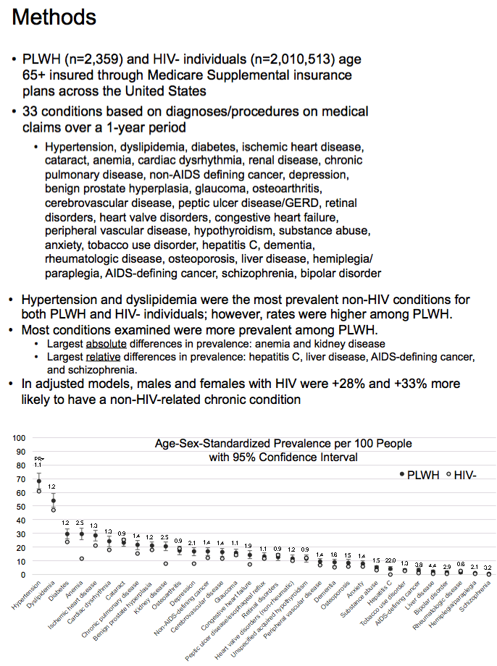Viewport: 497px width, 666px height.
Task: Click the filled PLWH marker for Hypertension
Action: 39,481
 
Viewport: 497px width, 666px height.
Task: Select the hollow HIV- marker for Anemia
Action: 81,558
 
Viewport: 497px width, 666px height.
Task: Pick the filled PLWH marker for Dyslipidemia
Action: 53,500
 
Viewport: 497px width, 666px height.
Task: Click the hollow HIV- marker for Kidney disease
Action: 165,563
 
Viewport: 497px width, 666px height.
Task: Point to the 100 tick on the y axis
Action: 20,437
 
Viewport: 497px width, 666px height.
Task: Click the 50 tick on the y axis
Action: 22,506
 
